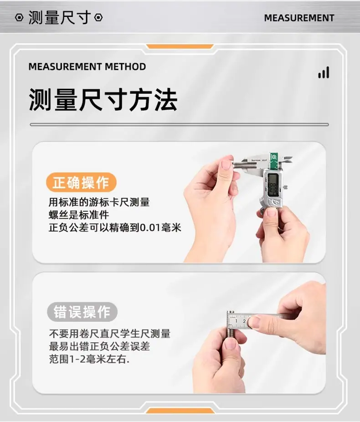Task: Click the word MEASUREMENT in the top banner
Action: pyautogui.click(x=299, y=18)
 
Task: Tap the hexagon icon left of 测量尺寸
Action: pyautogui.click(x=19, y=18)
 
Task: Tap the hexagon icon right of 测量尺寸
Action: pyautogui.click(x=98, y=18)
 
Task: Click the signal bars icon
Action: pyautogui.click(x=324, y=72)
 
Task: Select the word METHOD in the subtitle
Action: pyautogui.click(x=125, y=67)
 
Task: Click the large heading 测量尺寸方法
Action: pyautogui.click(x=103, y=100)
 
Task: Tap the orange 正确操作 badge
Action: pyautogui.click(x=81, y=182)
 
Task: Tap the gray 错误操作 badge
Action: pyautogui.click(x=82, y=312)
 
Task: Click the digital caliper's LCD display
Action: pyautogui.click(x=273, y=185)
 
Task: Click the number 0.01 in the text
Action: pyautogui.click(x=151, y=228)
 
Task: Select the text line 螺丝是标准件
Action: pyautogui.click(x=79, y=215)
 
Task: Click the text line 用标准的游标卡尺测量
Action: pyautogui.click(x=99, y=202)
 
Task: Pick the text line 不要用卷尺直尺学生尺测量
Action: pyautogui.click(x=109, y=334)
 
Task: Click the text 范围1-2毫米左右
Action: pyautogui.click(x=89, y=359)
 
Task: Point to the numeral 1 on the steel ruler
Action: pyautogui.click(x=236, y=321)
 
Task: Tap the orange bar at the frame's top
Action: pyautogui.click(x=180, y=46)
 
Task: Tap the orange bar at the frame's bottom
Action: pyautogui.click(x=180, y=411)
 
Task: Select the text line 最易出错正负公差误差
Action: pyautogui.click(x=99, y=346)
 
